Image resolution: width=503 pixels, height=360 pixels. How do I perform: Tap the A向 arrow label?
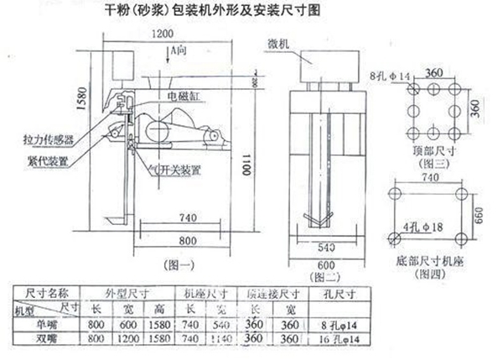click(179, 52)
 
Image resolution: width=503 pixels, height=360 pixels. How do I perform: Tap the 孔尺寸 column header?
click(340, 293)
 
